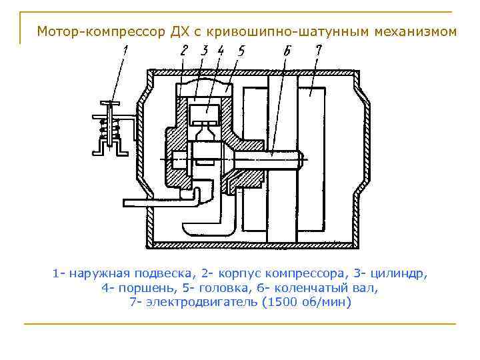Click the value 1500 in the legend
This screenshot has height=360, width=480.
click(x=283, y=302)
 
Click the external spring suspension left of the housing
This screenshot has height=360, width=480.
click(x=111, y=129)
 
